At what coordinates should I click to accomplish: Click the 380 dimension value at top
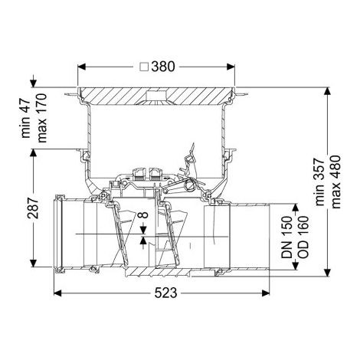(163, 67)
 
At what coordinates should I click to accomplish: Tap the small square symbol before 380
(145, 67)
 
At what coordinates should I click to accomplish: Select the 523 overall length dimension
(165, 293)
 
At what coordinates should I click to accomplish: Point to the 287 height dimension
(33, 208)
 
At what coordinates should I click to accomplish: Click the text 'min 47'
(26, 119)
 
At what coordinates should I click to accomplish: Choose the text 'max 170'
(42, 118)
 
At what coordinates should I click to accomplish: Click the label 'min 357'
(319, 182)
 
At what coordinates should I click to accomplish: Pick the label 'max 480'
(335, 182)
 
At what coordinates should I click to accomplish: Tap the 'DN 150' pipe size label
(286, 237)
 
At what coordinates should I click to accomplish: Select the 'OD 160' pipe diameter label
(303, 237)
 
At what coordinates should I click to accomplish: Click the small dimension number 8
(144, 214)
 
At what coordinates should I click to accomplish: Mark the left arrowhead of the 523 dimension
(57, 293)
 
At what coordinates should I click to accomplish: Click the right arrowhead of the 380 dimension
(231, 67)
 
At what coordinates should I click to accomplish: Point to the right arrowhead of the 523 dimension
(266, 293)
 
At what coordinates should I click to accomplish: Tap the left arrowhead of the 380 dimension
(81, 67)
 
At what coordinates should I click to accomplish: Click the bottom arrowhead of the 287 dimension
(33, 263)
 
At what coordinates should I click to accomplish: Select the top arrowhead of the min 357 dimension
(327, 91)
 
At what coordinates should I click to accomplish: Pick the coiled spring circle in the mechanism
(191, 184)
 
